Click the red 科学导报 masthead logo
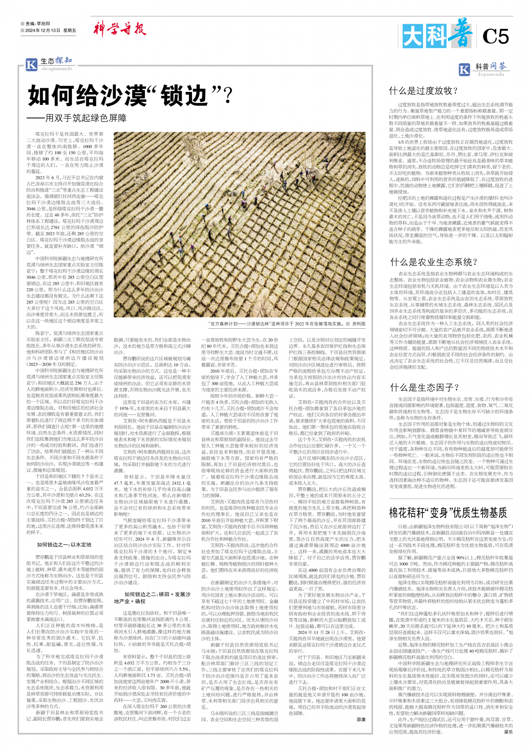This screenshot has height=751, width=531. coord(119,29)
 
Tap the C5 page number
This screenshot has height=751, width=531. coord(495,37)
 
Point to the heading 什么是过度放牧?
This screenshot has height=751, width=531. coord(423,91)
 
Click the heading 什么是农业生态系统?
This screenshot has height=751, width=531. coord(434,262)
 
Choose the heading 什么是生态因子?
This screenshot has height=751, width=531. coord(424,387)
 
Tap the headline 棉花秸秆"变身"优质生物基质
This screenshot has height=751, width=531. coord(448,512)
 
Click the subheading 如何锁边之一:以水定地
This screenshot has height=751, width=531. coord(64,544)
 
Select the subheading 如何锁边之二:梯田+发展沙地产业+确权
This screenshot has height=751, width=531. coord(152,597)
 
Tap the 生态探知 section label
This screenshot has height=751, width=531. coord(56,61)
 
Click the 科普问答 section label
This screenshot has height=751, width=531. coord(491,66)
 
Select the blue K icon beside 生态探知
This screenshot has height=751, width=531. coord(31,64)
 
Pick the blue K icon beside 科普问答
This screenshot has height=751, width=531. coord(464,69)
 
